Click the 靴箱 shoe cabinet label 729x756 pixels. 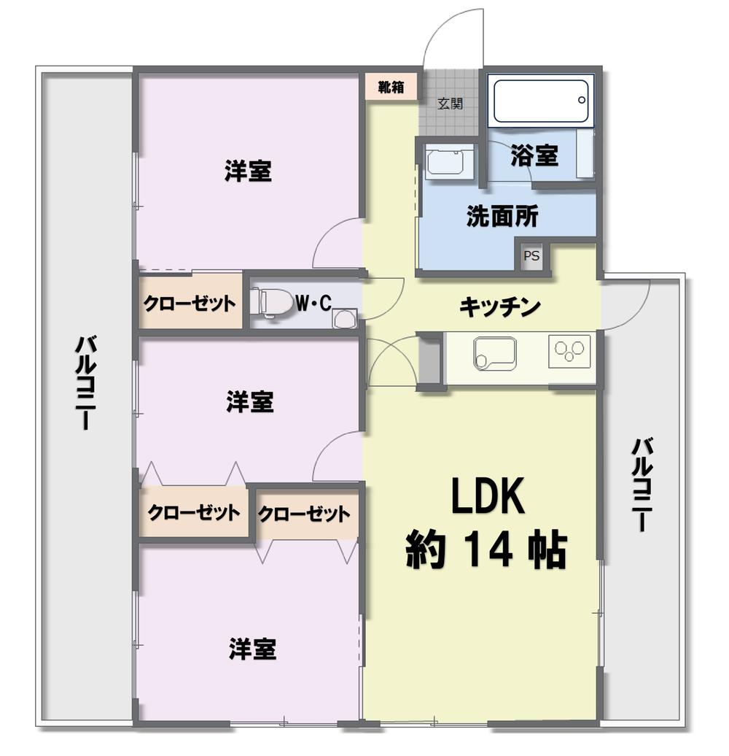coord(391,87)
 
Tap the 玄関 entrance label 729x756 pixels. coord(450,104)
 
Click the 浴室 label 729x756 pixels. coord(534,155)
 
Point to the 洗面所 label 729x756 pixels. coord(502,216)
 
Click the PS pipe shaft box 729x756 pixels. coord(531,256)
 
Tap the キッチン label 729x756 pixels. coord(499,307)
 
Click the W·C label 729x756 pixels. coord(313,301)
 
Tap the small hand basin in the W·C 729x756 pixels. coord(344,318)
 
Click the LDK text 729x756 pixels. coord(486,499)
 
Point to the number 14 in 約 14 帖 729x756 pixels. coord(486,552)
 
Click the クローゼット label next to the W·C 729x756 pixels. coord(190,303)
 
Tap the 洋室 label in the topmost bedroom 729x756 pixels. coord(248,172)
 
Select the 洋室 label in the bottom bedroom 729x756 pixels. coord(252,649)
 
